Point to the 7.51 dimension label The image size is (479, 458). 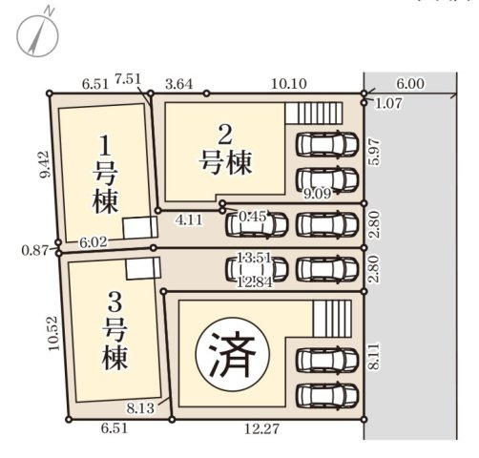pos(127,77)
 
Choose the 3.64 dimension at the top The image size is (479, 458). pos(177,83)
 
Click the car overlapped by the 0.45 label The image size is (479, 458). pos(256,223)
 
